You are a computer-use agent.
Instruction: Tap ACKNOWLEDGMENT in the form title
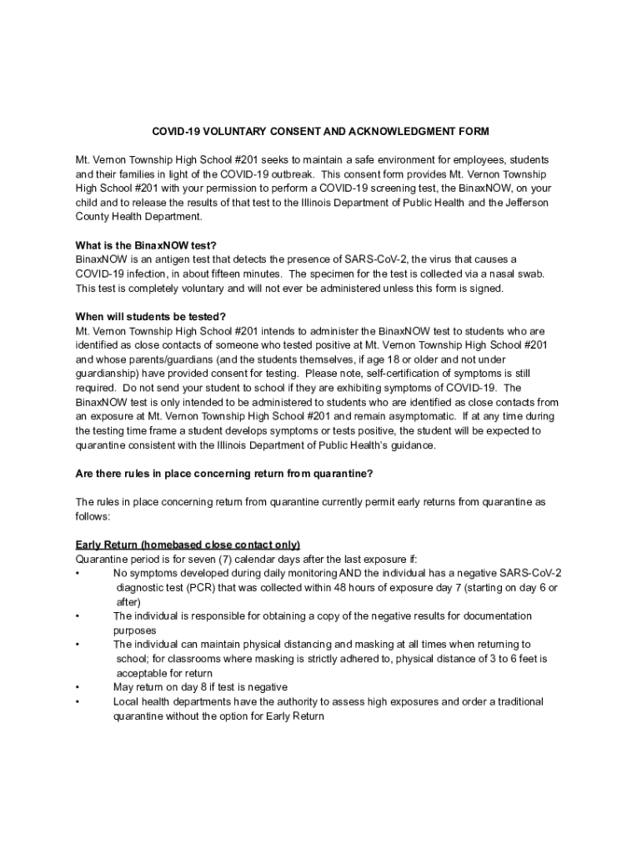click(x=396, y=131)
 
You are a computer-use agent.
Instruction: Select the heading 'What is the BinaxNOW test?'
click(x=146, y=245)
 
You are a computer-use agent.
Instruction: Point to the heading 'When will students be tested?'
click(x=150, y=316)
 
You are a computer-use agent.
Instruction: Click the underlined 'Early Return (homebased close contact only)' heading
click(x=188, y=545)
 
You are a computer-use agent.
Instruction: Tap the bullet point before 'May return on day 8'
click(x=78, y=687)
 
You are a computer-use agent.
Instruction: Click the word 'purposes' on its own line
click(x=134, y=630)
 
